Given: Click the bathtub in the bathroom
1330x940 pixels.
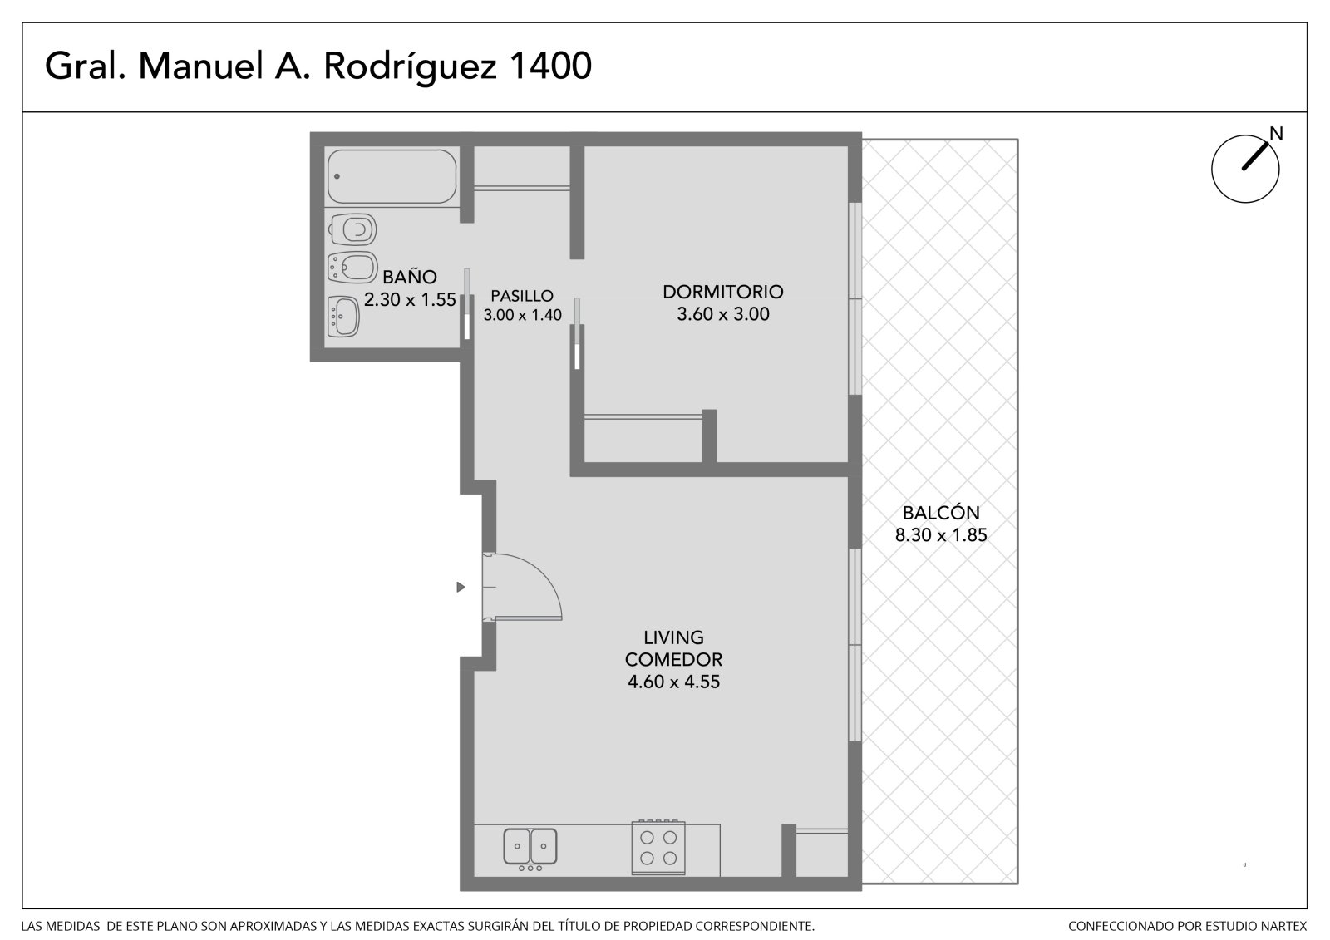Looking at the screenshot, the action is pyautogui.click(x=392, y=176).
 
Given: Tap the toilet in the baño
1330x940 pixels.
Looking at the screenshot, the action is pyautogui.click(x=353, y=229).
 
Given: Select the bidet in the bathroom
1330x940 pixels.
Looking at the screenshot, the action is pyautogui.click(x=352, y=268).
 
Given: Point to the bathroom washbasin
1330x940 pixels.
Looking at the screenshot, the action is pyautogui.click(x=343, y=316).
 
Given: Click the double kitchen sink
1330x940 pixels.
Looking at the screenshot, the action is pyautogui.click(x=530, y=847).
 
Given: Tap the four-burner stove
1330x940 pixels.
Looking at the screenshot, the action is pyautogui.click(x=658, y=848).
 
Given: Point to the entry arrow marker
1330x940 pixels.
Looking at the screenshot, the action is pyautogui.click(x=461, y=588).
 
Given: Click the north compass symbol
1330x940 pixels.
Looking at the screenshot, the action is pyautogui.click(x=1244, y=170).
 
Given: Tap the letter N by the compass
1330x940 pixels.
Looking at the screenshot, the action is pyautogui.click(x=1276, y=134).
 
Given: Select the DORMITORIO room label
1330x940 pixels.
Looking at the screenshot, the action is pyautogui.click(x=722, y=292).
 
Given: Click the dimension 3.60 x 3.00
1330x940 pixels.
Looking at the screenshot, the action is pyautogui.click(x=722, y=313).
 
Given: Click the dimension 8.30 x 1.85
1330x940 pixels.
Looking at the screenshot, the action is pyautogui.click(x=940, y=534).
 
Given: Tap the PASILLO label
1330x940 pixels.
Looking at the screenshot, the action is pyautogui.click(x=522, y=296).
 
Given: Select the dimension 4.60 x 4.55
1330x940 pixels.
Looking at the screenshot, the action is pyautogui.click(x=673, y=681).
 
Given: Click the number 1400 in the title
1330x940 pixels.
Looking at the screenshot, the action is pyautogui.click(x=550, y=66).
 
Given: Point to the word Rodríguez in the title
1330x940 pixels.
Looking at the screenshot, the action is pyautogui.click(x=410, y=66).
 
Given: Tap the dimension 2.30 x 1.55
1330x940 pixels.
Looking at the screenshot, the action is pyautogui.click(x=410, y=299).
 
